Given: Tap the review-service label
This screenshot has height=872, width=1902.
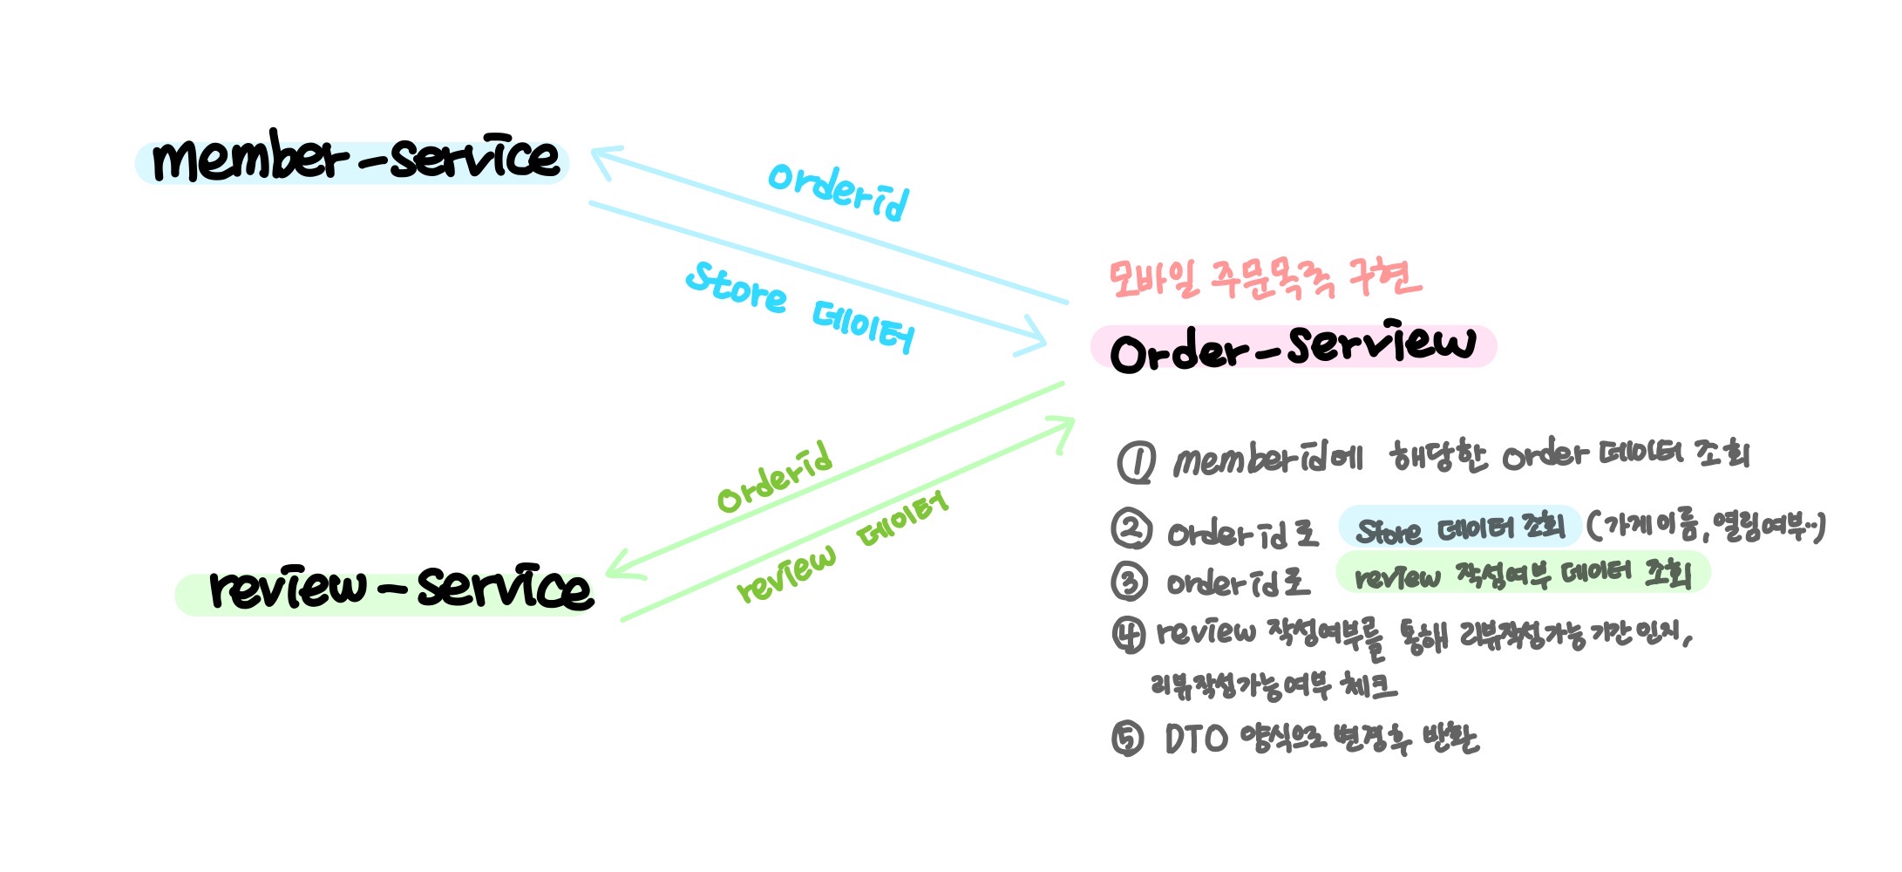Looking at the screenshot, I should (x=401, y=589).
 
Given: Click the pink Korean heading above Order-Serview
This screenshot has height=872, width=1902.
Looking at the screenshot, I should (x=1264, y=279).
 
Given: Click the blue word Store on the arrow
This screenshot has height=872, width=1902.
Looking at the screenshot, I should (x=737, y=289).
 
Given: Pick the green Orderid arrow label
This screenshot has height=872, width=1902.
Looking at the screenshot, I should (x=774, y=478).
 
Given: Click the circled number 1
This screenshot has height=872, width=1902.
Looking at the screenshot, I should (x=1137, y=462).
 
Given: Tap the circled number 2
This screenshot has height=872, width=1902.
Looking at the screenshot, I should (x=1131, y=528).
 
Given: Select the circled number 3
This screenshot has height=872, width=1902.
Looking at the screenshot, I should (x=1130, y=580).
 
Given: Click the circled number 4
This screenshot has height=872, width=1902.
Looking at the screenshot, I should (x=1129, y=635).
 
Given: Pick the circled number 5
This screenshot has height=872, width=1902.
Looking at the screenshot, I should (x=1128, y=739).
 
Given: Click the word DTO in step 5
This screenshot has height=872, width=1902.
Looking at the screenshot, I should (x=1196, y=739).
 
